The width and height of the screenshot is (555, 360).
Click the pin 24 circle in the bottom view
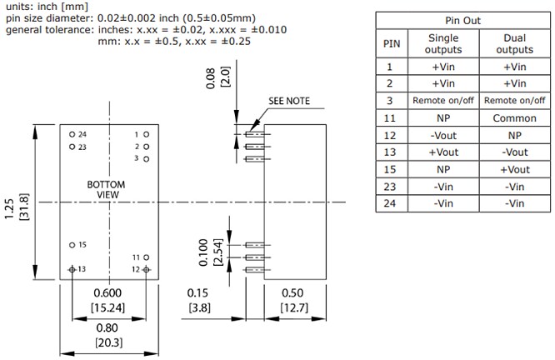pyautogui.click(x=72, y=134)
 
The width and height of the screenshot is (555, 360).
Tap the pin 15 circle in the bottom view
pyautogui.click(x=72, y=244)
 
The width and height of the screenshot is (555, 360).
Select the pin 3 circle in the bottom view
pyautogui.click(x=146, y=158)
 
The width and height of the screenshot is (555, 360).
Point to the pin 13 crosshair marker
pyautogui.click(x=72, y=269)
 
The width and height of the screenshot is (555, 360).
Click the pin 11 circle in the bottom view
pyautogui.click(x=146, y=257)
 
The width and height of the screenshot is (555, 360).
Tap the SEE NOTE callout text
pyautogui.click(x=288, y=101)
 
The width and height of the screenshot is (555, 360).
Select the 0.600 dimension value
pyautogui.click(x=108, y=293)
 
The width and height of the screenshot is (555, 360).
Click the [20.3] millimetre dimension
pyautogui.click(x=108, y=342)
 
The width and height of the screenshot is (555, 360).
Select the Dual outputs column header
pyautogui.click(x=515, y=43)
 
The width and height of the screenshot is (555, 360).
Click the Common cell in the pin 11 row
pyautogui.click(x=515, y=118)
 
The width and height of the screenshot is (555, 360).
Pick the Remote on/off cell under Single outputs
pyautogui.click(x=442, y=101)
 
